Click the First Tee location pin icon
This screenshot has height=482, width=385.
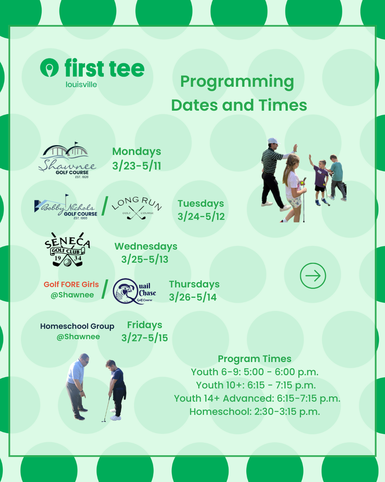[x=50, y=67]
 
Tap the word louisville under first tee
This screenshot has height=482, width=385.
[x=81, y=85]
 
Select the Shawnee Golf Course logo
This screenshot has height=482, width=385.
[x=67, y=160]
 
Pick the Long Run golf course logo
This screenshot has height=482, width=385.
[x=137, y=208]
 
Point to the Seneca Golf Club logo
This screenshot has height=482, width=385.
[x=67, y=249]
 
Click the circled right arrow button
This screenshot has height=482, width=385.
[x=313, y=276]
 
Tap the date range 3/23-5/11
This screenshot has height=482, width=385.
[x=137, y=166]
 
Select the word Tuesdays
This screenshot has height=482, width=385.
[x=201, y=204]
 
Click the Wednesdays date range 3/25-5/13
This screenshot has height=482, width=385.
[x=145, y=259]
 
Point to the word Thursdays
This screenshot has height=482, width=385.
[x=194, y=284]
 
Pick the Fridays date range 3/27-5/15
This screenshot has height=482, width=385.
[x=144, y=338]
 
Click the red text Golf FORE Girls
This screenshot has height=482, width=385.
[x=71, y=284]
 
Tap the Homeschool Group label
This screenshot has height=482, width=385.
[x=77, y=326]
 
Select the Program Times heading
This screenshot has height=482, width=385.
[x=255, y=359]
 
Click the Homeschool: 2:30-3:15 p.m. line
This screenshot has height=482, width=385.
[x=255, y=411]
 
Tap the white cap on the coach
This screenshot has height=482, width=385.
[x=273, y=141]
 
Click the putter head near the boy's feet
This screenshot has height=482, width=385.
[x=104, y=421]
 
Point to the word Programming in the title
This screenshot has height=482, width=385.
[x=237, y=82]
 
